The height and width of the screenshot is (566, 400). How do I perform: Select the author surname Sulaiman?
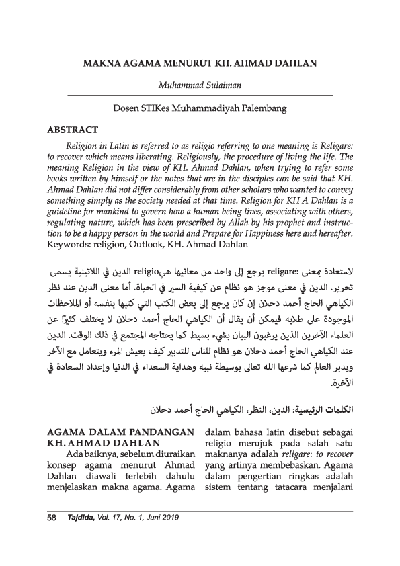(x=224, y=85)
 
